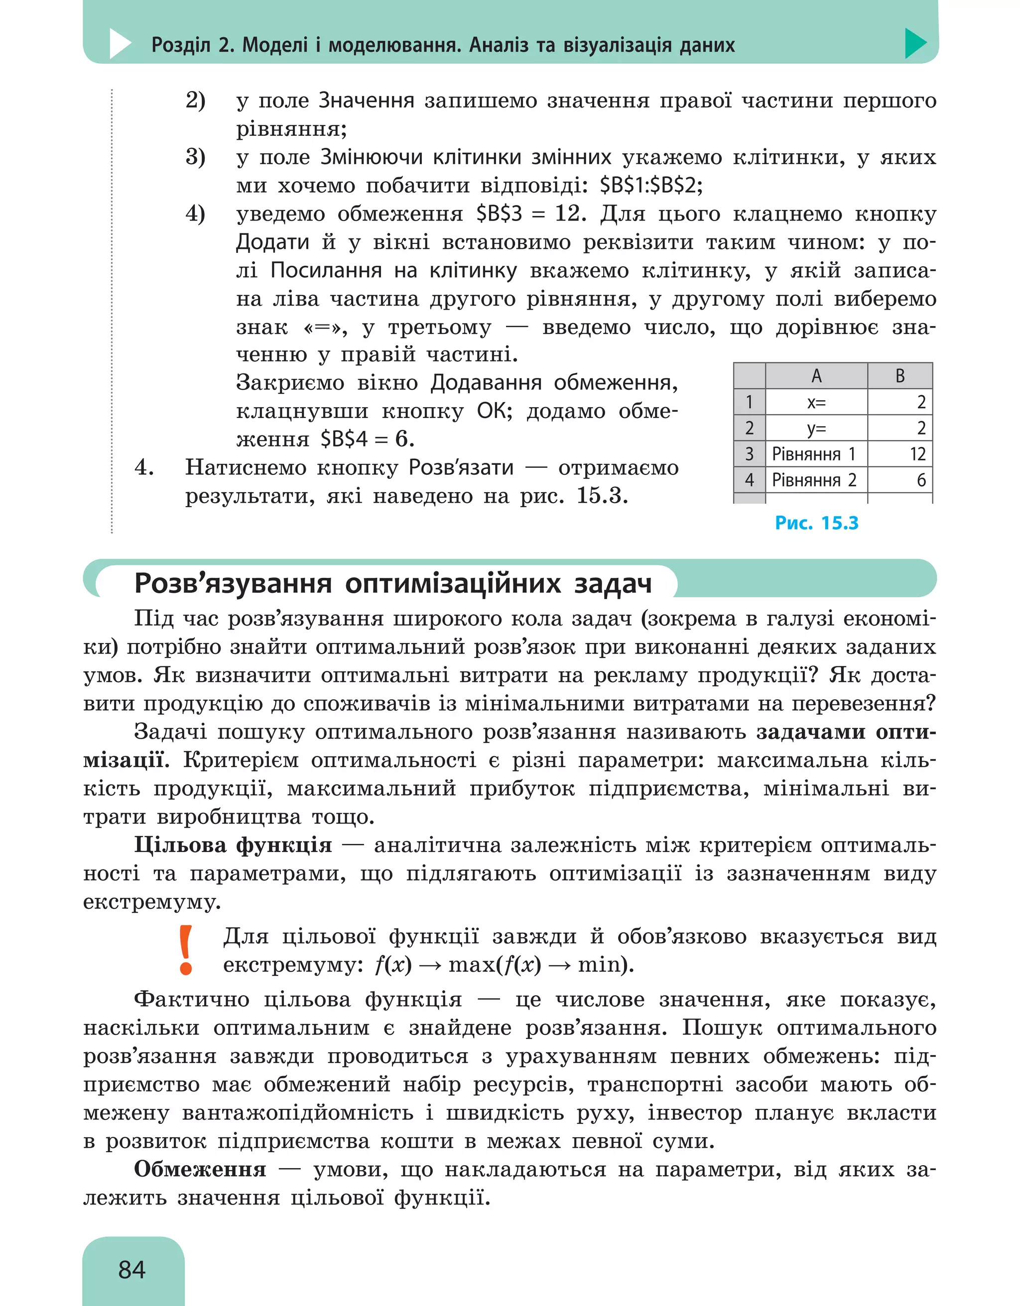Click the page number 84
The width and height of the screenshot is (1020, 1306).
(131, 1269)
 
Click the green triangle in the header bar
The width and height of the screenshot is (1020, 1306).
(915, 43)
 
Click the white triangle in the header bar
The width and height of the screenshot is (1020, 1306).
(120, 44)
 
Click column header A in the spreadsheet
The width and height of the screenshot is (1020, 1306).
(816, 376)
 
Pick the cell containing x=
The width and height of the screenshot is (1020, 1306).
(816, 403)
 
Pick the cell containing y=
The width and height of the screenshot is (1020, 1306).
(816, 428)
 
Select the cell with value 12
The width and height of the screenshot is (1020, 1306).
(917, 454)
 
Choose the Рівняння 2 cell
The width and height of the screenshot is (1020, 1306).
(815, 480)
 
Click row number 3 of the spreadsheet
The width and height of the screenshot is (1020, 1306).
(749, 454)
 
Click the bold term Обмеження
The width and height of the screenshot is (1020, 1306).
(200, 1169)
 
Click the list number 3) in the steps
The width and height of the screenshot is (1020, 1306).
(195, 157)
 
